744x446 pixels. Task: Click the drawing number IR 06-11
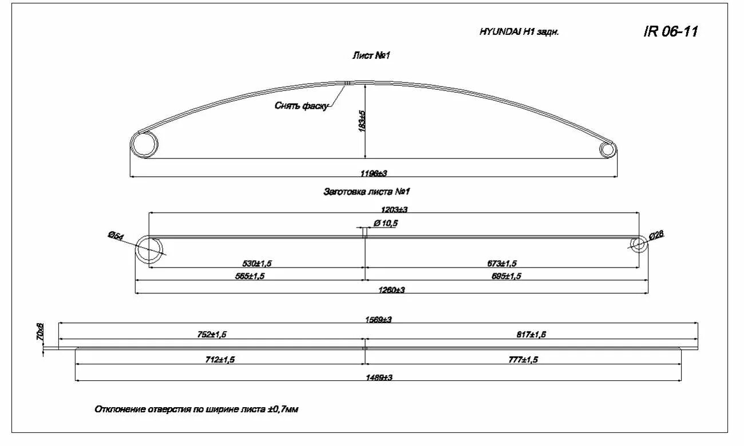point(671,31)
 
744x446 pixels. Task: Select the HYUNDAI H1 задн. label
point(519,32)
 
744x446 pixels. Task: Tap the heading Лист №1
point(371,55)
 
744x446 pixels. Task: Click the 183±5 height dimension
point(362,120)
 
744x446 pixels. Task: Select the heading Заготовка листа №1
point(367,192)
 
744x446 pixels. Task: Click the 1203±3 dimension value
point(394,210)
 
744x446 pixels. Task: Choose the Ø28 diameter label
point(656,236)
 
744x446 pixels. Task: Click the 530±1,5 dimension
point(258,263)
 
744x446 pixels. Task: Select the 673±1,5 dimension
point(502,263)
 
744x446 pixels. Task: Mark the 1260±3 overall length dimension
point(391,290)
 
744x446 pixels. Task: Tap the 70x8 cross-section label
point(39,332)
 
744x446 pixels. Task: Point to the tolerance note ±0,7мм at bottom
point(282,409)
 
